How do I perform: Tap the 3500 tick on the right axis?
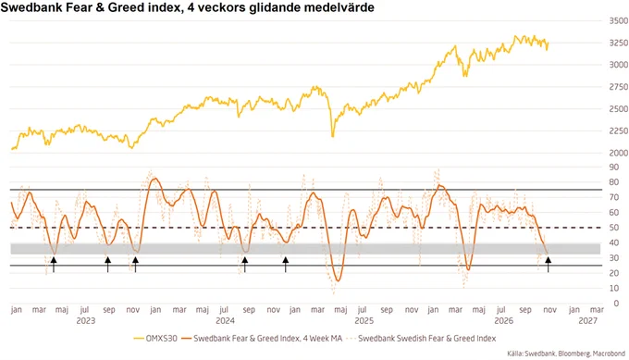click(x=619, y=21)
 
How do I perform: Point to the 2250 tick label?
click(x=619, y=130)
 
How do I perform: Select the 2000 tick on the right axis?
click(x=619, y=153)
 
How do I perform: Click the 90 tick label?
click(x=614, y=167)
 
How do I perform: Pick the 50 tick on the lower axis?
click(x=614, y=228)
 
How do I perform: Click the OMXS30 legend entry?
click(x=155, y=339)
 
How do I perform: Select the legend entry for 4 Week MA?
click(x=262, y=339)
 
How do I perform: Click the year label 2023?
click(x=86, y=321)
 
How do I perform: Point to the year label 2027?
click(x=587, y=321)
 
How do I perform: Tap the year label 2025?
click(x=364, y=321)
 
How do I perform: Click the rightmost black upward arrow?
click(x=548, y=265)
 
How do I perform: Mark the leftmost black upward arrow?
click(x=54, y=265)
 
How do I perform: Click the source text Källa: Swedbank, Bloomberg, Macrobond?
click(x=566, y=354)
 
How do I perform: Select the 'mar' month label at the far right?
click(x=597, y=310)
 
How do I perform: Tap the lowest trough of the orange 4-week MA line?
click(x=338, y=280)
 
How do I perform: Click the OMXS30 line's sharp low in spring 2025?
click(x=332, y=136)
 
